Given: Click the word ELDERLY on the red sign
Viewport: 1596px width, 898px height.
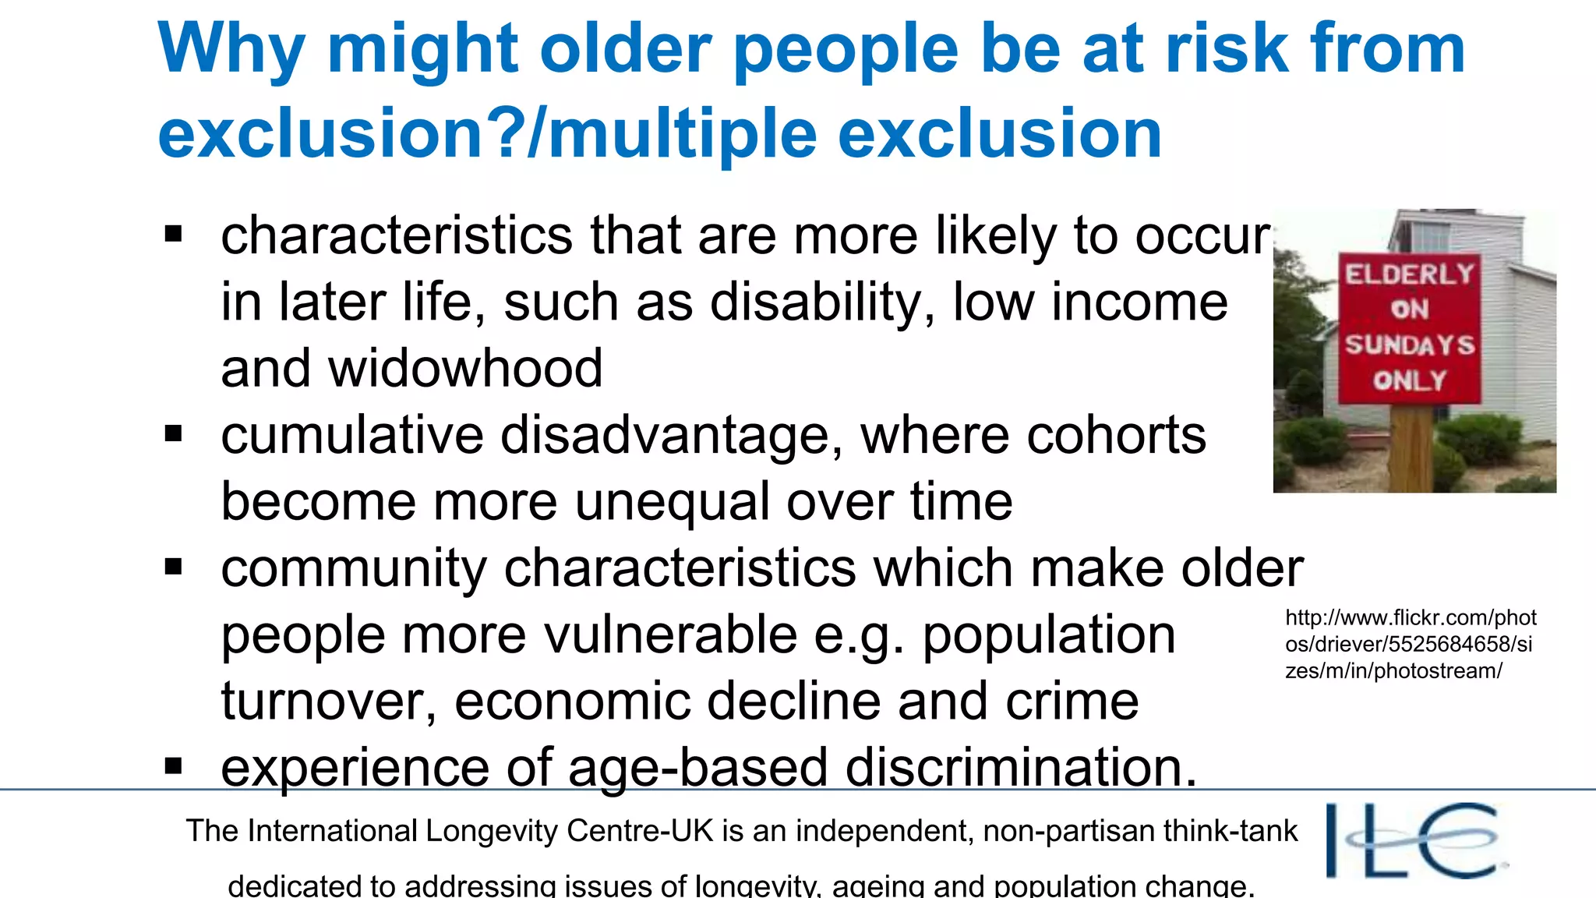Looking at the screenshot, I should coord(1410,274).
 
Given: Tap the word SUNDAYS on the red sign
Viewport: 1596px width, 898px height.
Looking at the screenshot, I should coord(1410,345).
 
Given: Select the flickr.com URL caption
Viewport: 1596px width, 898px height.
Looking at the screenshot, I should coord(1410,644).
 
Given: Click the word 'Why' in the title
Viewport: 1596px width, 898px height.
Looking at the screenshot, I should coord(231,48).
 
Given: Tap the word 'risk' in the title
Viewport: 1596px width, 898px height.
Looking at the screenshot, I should coord(1227,48).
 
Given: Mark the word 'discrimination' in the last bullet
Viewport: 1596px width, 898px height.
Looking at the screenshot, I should coord(1020,767).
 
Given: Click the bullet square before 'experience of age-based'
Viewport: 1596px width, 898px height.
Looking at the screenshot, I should coord(174,766).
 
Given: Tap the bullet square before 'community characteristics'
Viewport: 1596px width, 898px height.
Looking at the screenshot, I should coord(174,567).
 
